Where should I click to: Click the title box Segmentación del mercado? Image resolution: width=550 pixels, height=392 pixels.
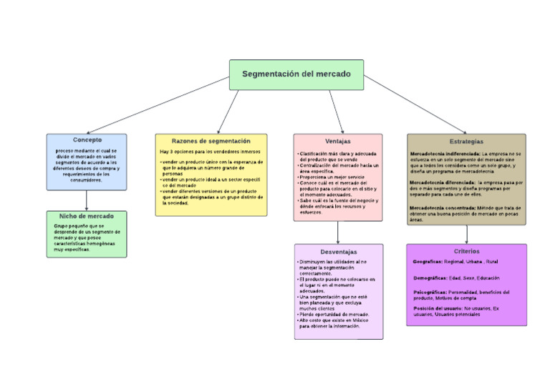click(x=296, y=74)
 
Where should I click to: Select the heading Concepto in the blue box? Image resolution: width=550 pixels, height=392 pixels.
click(x=87, y=140)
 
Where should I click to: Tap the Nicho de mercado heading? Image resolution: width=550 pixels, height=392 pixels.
click(x=87, y=216)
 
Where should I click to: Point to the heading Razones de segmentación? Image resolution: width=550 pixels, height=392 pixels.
click(x=211, y=141)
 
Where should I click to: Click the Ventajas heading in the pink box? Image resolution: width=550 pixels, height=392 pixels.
click(x=338, y=142)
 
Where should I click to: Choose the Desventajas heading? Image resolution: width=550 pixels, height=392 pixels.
click(x=339, y=252)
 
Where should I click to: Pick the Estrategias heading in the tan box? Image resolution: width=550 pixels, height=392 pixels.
click(x=466, y=142)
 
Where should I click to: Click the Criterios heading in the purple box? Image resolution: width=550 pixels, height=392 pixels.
click(x=466, y=252)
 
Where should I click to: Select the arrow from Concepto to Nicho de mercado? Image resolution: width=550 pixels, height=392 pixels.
click(x=87, y=200)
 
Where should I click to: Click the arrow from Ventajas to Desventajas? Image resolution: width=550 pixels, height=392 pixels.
click(x=338, y=232)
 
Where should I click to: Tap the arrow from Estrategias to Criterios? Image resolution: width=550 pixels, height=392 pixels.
click(x=466, y=235)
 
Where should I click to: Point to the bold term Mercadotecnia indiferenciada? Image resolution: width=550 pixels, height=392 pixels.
click(x=445, y=154)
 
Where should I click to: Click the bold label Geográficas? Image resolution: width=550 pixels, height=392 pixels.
click(x=428, y=262)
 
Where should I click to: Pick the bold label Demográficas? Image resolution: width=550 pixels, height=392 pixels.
click(x=430, y=278)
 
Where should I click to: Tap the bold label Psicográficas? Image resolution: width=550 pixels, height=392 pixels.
click(x=430, y=292)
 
